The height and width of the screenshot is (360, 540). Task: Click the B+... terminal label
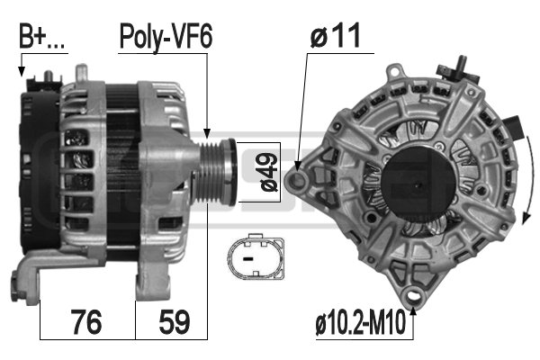pos(41,37)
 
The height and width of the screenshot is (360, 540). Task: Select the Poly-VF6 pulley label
pos(166,37)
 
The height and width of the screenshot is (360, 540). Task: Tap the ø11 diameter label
pos(335,35)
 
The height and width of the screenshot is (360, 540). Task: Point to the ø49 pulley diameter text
pos(269,172)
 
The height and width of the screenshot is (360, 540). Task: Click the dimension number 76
pos(86,322)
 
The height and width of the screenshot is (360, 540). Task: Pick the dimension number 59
pos(175,322)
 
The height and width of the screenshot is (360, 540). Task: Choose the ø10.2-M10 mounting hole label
pos(361,322)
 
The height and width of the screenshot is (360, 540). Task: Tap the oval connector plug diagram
pos(256,256)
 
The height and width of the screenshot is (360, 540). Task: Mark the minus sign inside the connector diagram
pos(247,258)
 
